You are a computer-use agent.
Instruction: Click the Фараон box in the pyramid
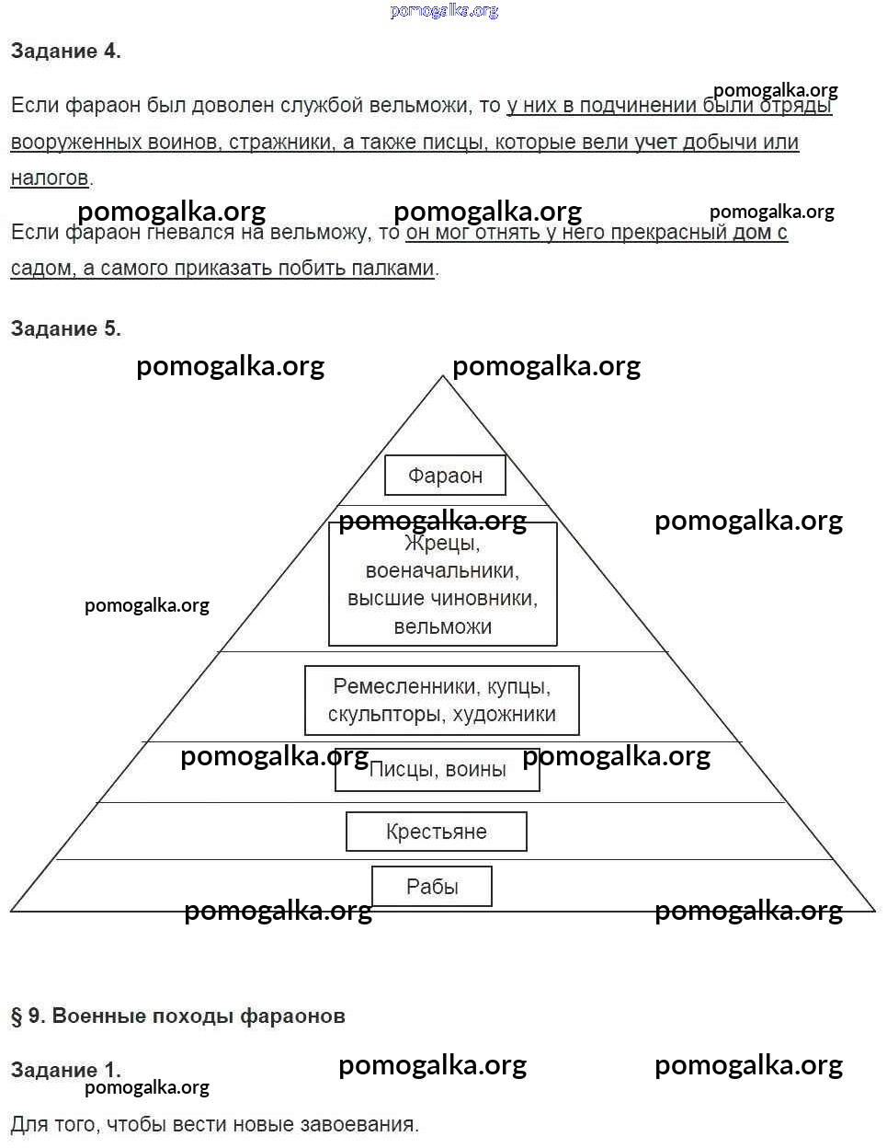(x=445, y=476)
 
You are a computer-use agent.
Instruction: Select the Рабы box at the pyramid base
(x=432, y=887)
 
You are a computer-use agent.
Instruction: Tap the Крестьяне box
(x=436, y=832)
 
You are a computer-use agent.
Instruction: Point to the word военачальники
(x=442, y=570)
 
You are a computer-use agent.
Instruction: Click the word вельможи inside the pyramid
(x=442, y=626)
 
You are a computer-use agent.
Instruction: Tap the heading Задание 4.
(x=65, y=52)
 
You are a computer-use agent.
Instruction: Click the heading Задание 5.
(x=65, y=328)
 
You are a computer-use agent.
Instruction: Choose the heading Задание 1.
(x=65, y=1070)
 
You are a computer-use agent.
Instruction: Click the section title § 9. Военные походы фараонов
(x=177, y=1016)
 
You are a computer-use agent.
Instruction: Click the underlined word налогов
(x=50, y=178)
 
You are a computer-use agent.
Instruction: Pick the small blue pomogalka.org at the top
(x=444, y=11)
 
